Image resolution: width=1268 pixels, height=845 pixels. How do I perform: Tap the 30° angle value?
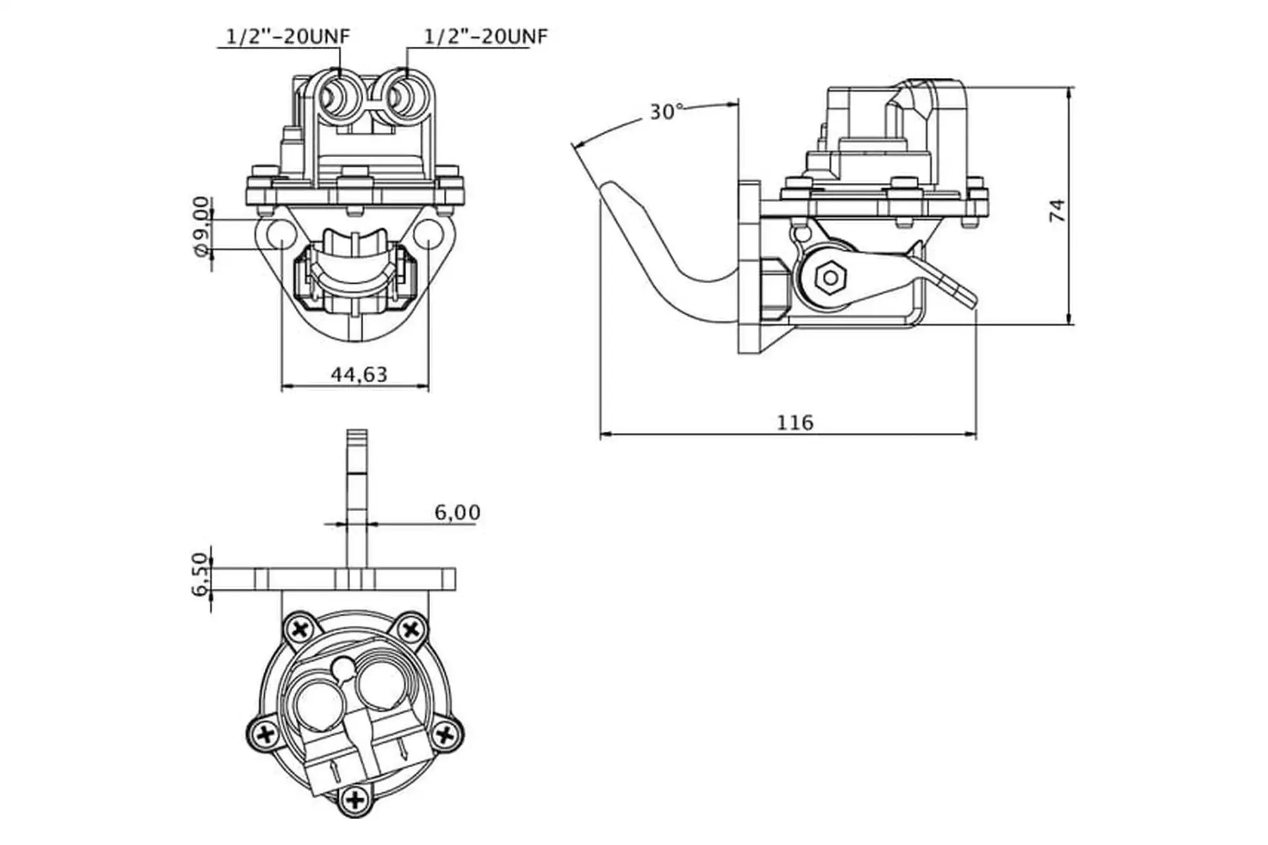click(666, 112)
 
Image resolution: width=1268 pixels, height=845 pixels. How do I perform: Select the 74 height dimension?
click(1057, 210)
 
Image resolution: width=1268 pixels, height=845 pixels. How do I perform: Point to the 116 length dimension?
click(795, 422)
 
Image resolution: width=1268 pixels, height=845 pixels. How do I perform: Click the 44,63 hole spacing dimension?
click(359, 374)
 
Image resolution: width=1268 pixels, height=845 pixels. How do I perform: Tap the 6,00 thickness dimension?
click(457, 512)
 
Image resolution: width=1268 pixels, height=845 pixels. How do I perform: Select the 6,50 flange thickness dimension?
click(201, 574)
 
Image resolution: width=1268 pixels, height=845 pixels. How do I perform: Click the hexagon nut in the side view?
click(829, 278)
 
